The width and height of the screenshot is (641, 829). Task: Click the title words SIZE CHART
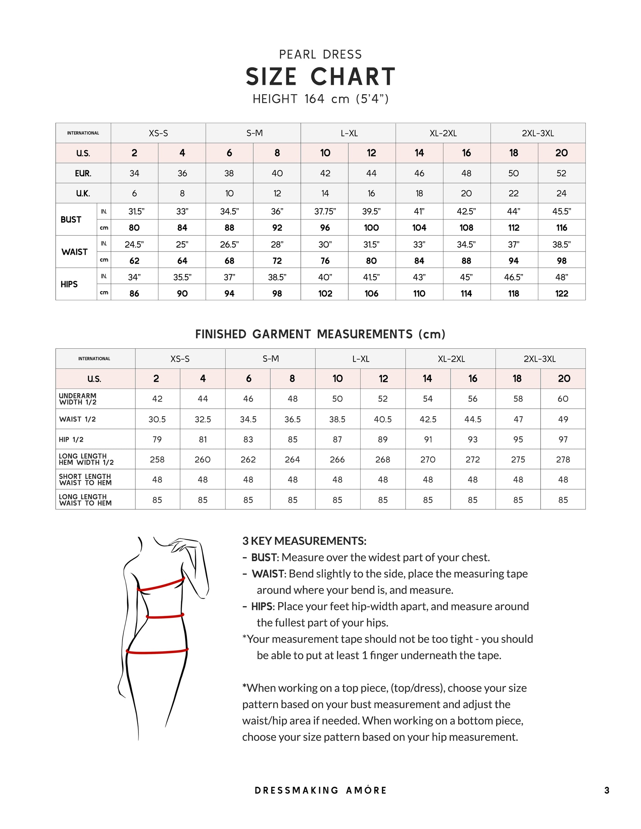(x=320, y=77)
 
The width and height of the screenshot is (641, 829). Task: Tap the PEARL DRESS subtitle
(x=320, y=55)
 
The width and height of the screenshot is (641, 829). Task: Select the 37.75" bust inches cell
(x=325, y=211)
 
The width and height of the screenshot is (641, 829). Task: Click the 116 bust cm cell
(x=561, y=228)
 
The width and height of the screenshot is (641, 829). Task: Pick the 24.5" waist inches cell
(x=134, y=244)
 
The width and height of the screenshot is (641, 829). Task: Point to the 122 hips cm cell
(x=561, y=293)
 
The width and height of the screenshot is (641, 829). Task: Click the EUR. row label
(x=83, y=174)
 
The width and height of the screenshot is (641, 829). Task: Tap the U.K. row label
(x=83, y=194)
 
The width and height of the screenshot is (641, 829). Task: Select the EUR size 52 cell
(x=561, y=174)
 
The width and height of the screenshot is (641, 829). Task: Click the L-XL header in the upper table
(x=348, y=133)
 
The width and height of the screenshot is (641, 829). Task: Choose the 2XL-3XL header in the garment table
(x=540, y=359)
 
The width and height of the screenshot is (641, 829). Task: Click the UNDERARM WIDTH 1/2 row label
(x=78, y=399)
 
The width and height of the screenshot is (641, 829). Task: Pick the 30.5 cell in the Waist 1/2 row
(x=157, y=419)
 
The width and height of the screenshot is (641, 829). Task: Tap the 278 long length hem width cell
(x=563, y=460)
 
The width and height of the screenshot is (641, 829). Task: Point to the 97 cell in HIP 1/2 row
(x=563, y=440)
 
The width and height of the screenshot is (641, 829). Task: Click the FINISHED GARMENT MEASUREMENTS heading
(x=320, y=334)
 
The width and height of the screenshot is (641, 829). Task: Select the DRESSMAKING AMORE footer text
(x=320, y=790)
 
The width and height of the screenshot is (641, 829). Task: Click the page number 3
(x=607, y=790)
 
